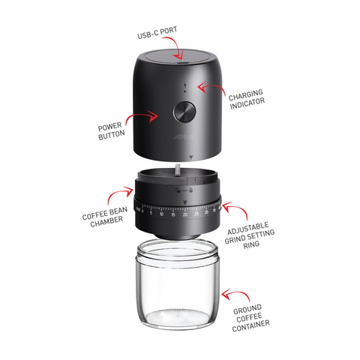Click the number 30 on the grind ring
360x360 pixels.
[x=206, y=212]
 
